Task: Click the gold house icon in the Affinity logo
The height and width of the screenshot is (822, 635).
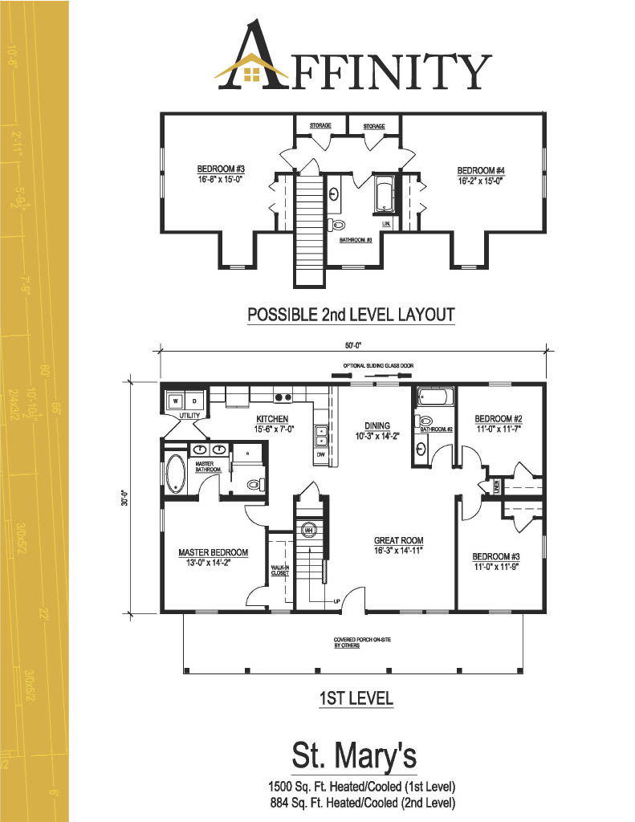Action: pos(251,73)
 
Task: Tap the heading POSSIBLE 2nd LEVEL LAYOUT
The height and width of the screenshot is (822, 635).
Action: pos(351,315)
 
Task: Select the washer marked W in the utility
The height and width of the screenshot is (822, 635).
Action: pos(175,400)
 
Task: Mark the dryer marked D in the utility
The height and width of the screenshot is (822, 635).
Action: pos(193,400)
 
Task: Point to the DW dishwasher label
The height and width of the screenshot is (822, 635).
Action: pos(320,454)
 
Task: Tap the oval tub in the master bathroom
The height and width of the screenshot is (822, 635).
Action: pos(175,473)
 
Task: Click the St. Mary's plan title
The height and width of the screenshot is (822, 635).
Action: pos(353,756)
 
